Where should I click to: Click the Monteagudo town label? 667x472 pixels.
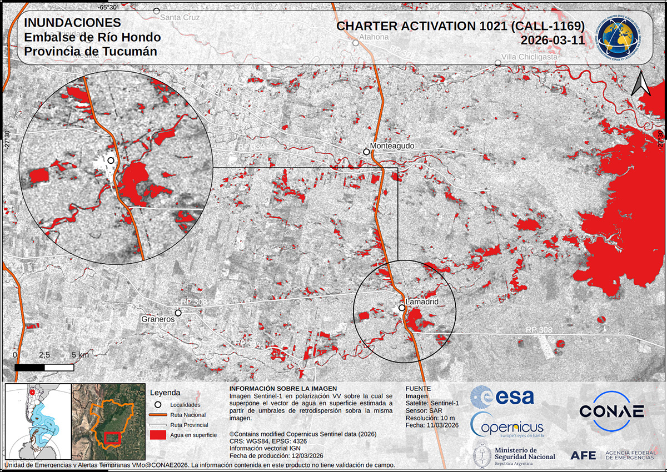pyautogui.click(x=392, y=146)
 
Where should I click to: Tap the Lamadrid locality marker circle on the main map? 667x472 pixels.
pyautogui.click(x=401, y=307)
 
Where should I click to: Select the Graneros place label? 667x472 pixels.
pyautogui.click(x=157, y=320)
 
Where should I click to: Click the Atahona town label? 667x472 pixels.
pyautogui.click(x=374, y=37)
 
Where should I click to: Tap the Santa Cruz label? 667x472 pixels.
pyautogui.click(x=179, y=17)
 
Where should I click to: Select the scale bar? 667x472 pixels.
pyautogui.click(x=44, y=367)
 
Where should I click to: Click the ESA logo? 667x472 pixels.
pyautogui.click(x=502, y=396)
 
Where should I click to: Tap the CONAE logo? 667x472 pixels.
pyautogui.click(x=611, y=411)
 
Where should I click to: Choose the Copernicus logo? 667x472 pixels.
pyautogui.click(x=507, y=426)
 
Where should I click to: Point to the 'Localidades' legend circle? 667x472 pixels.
pyautogui.click(x=158, y=405)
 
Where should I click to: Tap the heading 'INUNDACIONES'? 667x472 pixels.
pyautogui.click(x=72, y=23)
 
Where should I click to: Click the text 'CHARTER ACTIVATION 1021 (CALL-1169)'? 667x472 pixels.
pyautogui.click(x=461, y=26)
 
